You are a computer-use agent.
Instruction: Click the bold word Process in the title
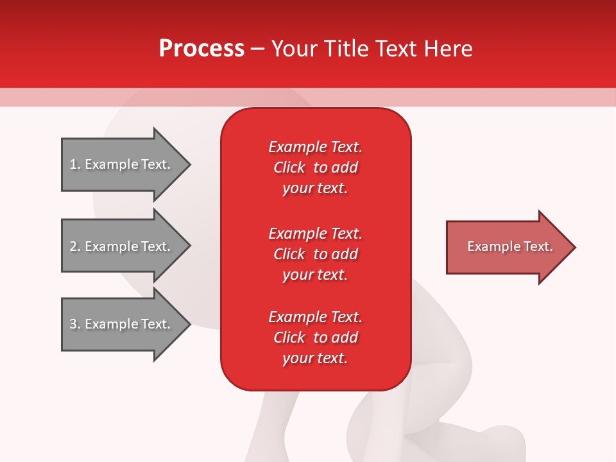(201, 49)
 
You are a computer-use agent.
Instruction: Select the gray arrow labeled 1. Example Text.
(122, 164)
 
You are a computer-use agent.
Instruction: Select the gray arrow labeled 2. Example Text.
(122, 246)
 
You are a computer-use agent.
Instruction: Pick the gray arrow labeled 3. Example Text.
(122, 324)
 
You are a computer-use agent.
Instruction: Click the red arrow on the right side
(507, 247)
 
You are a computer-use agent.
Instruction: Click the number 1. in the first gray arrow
(74, 164)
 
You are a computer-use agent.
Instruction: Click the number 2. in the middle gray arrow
(74, 246)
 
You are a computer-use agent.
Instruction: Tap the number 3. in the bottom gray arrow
(74, 324)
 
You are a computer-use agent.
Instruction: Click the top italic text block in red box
(315, 167)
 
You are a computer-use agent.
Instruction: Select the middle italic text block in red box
(315, 254)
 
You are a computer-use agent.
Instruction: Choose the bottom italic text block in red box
(315, 338)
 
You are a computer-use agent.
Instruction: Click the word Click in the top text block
(289, 167)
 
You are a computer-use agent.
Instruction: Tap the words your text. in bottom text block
(315, 358)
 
